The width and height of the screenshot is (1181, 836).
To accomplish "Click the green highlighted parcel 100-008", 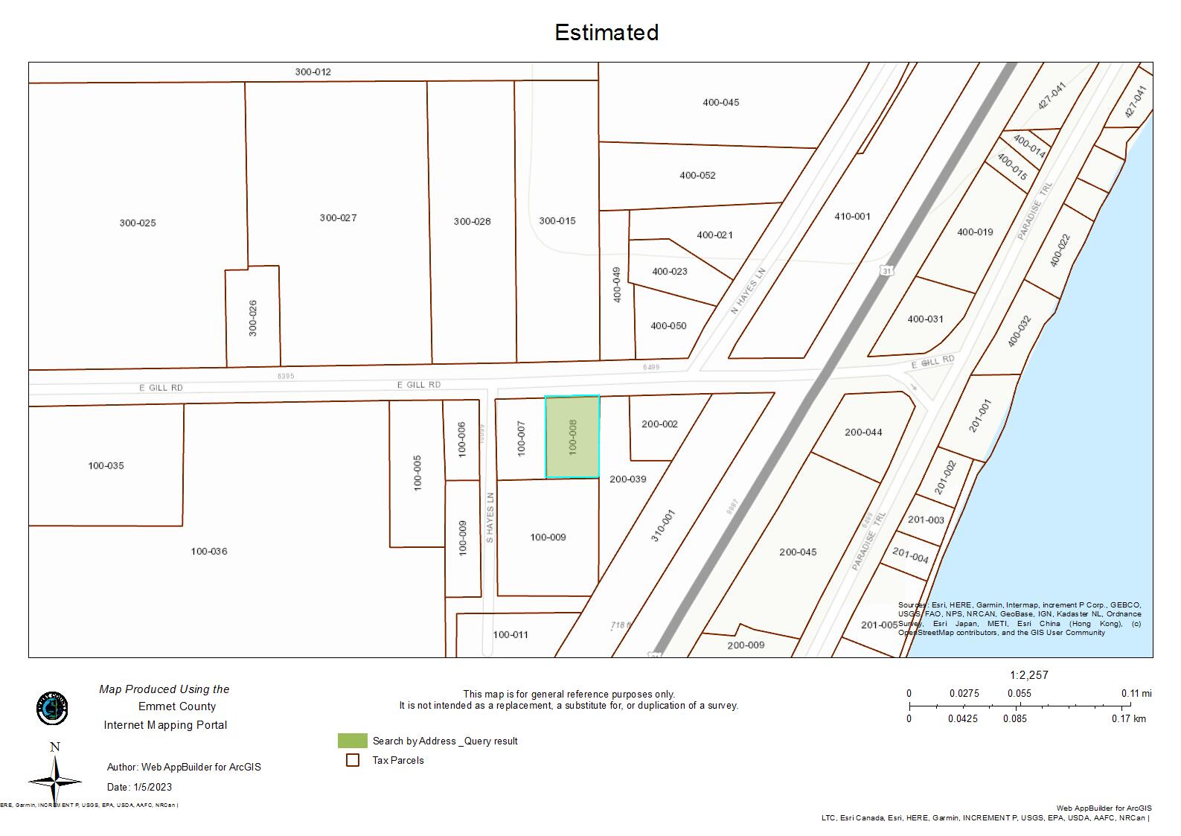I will tap(572, 437).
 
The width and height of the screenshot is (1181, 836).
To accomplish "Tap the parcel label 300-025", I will tap(138, 223).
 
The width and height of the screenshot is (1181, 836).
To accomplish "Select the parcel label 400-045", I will tap(720, 102).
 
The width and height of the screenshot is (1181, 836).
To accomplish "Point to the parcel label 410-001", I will tap(852, 216).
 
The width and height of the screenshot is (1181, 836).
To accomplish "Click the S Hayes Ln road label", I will tap(490, 517).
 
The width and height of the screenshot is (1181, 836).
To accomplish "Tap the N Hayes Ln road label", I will tap(748, 290).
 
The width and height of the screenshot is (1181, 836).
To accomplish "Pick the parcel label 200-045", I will tap(798, 552).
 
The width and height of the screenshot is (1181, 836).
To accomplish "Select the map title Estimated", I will tap(606, 32).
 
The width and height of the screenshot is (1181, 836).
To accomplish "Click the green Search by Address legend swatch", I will tap(352, 741).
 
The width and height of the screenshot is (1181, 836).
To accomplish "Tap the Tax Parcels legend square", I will tap(353, 760).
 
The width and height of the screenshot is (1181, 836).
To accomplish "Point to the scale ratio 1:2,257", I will tap(1028, 675).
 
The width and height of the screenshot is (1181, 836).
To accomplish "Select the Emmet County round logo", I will tap(52, 708).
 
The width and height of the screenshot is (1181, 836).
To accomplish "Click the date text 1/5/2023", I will tap(153, 787).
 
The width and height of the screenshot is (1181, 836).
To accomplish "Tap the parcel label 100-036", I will tap(209, 551).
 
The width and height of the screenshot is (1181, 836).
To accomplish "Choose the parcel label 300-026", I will tap(253, 318).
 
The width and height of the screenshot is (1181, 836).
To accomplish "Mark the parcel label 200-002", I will tap(659, 424).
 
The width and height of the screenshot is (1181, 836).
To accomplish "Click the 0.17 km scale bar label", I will tap(1129, 718).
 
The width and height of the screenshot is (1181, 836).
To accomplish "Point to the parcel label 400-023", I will tap(670, 271).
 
